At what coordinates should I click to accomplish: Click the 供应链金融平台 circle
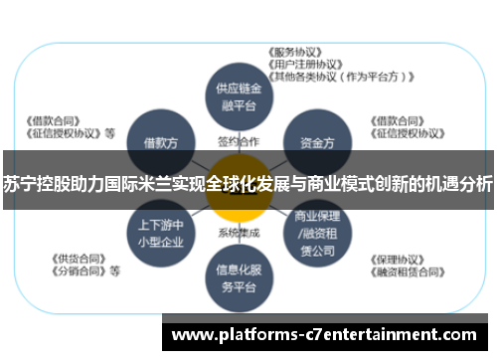point(238,93)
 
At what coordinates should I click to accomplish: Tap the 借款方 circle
point(160,143)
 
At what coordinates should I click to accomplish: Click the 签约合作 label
point(238,142)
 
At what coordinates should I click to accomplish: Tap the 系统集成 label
point(238,233)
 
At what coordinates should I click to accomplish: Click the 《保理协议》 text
point(397,256)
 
